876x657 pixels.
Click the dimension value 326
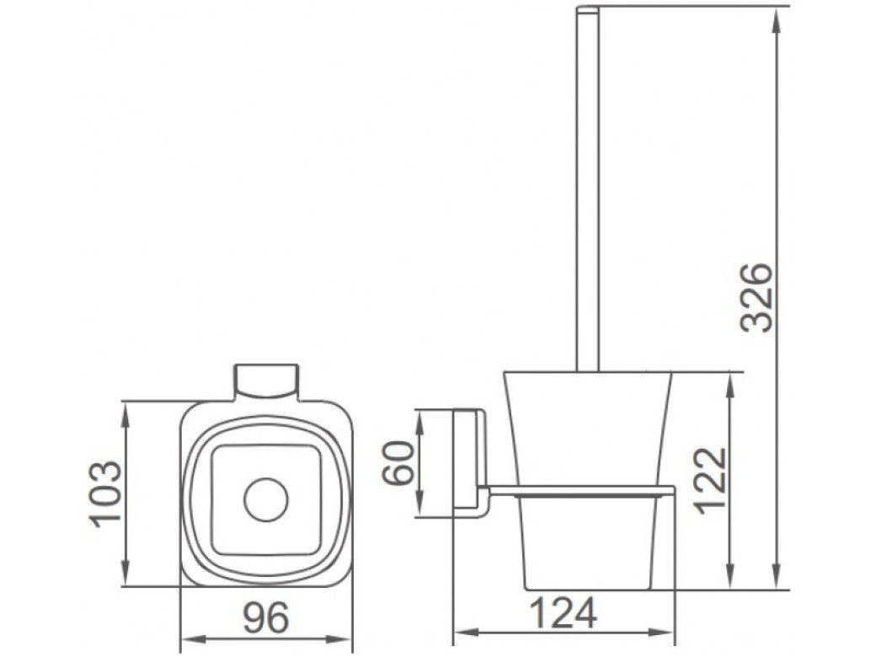[x=759, y=298]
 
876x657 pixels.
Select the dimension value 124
[x=564, y=613]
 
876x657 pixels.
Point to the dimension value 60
[x=398, y=462]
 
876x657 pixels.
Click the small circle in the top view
[x=266, y=499]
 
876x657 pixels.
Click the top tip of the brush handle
[x=588, y=8]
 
